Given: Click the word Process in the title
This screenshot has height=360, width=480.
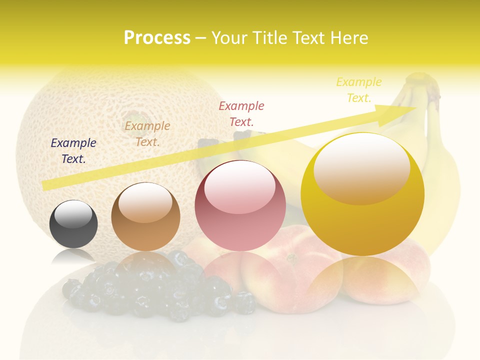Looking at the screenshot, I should [157, 38].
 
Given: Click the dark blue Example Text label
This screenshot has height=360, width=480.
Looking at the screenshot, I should [73, 151].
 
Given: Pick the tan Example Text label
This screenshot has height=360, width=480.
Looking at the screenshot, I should [147, 134].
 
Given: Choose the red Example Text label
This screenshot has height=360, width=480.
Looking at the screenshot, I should [241, 113].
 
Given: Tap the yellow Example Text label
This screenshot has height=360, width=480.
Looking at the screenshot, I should [359, 90].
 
